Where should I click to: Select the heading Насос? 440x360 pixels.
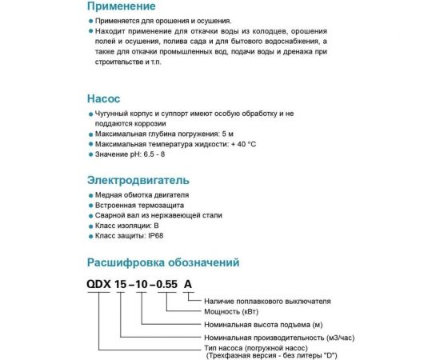click(x=104, y=100)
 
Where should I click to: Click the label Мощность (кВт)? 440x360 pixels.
click(x=234, y=310)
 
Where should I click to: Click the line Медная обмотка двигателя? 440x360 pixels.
click(x=142, y=194)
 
